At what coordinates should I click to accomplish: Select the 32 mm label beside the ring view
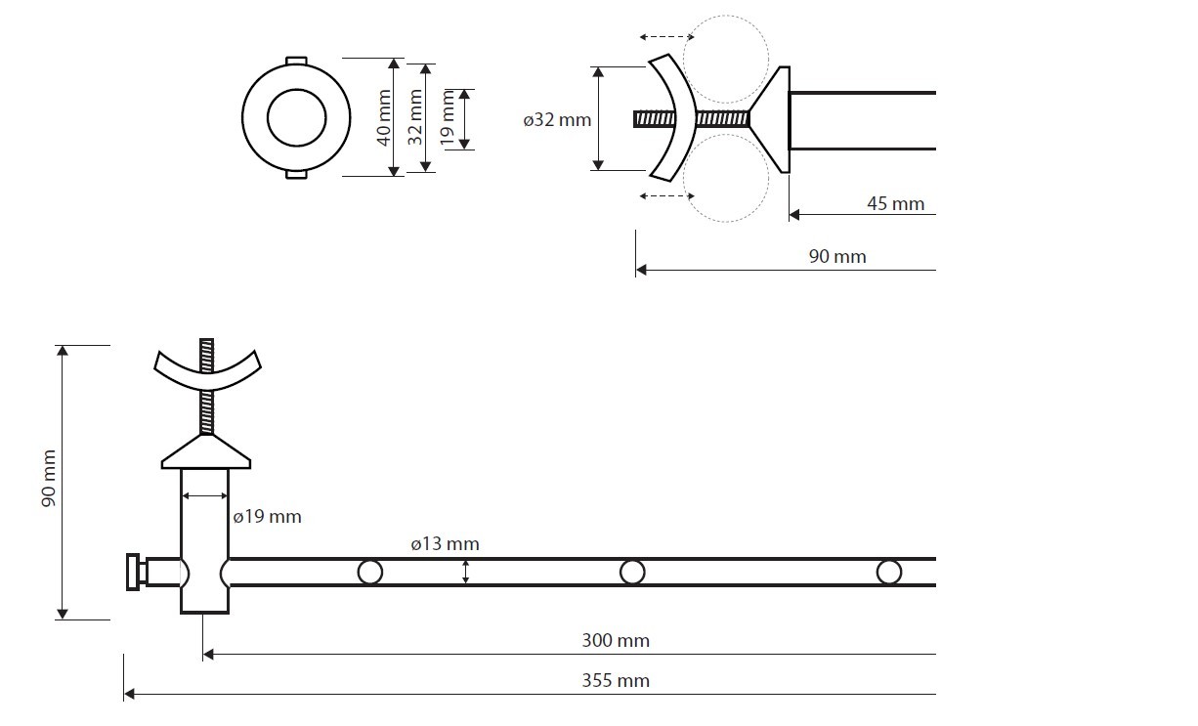[x=414, y=117]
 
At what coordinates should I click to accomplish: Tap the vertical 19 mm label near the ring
[x=447, y=118]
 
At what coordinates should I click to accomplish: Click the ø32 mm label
[x=556, y=120]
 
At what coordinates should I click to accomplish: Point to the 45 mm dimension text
[x=894, y=203]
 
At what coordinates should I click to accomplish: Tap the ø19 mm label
[x=267, y=516]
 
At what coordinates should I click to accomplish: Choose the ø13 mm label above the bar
[x=445, y=544]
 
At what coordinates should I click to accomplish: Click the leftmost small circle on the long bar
[x=369, y=572]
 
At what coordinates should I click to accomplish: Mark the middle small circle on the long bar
[x=632, y=572]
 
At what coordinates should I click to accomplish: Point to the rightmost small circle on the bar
[x=888, y=572]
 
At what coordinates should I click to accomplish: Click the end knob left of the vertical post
[x=133, y=572]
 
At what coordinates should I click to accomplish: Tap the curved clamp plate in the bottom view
[x=208, y=372]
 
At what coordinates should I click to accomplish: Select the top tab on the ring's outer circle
[x=294, y=60]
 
